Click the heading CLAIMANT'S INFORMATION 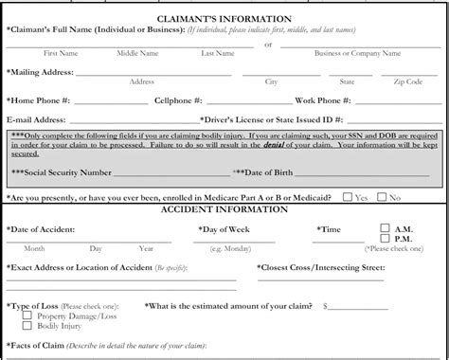(224, 19)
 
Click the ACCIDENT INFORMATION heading (224, 209)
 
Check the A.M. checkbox (385, 228)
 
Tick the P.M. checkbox (385, 240)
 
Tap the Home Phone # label (39, 99)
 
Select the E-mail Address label (36, 120)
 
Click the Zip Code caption (407, 81)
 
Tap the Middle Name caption (137, 53)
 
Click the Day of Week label (226, 229)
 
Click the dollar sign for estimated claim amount (325, 306)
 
